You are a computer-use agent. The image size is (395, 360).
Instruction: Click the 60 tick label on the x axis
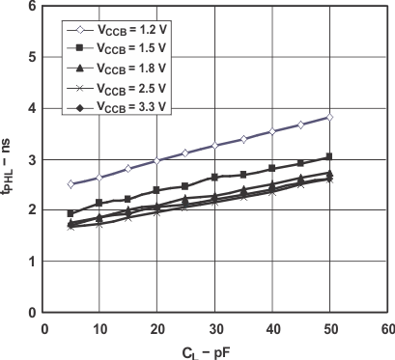386,327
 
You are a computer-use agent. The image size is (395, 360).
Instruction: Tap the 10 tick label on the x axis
99,327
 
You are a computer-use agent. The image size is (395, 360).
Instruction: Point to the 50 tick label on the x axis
329,327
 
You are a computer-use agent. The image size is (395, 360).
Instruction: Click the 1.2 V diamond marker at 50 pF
329,117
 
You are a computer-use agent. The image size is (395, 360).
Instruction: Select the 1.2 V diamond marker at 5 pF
71,183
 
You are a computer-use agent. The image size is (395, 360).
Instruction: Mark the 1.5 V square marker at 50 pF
329,156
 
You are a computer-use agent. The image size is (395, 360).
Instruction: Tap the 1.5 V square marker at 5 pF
71,213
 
